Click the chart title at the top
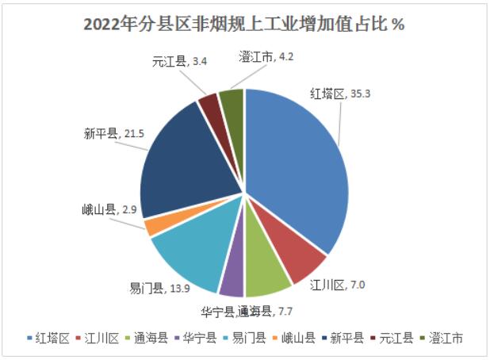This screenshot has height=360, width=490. (x=244, y=24)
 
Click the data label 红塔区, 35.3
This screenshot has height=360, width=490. (x=340, y=94)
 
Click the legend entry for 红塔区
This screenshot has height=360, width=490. (x=49, y=339)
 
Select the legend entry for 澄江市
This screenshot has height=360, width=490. (x=440, y=339)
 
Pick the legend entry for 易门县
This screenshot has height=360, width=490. (x=244, y=339)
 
